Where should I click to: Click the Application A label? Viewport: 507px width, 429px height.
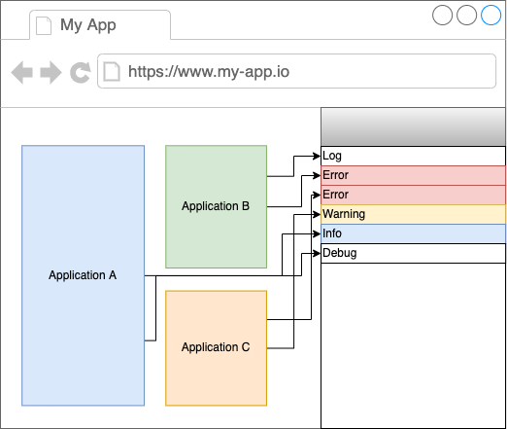pos(83,275)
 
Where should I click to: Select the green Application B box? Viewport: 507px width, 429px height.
pos(216,206)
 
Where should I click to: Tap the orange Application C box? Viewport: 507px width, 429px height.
pos(216,348)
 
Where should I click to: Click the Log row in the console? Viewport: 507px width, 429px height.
pos(413,156)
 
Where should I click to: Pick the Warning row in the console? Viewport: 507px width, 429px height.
pos(413,214)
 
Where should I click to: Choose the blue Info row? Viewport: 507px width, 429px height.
pos(413,233)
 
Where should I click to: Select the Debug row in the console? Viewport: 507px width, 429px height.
pos(413,253)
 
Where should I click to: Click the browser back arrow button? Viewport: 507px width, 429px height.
pos(22,72)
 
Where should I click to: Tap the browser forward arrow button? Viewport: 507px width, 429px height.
pos(51,72)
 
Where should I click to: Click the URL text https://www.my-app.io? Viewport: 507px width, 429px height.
pos(209,72)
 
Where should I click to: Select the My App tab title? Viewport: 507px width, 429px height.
pos(88,25)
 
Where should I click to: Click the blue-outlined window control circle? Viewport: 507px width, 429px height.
pos(490,15)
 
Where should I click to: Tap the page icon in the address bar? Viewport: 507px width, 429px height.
pos(112,71)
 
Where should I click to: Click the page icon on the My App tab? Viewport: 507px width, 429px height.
pos(44,25)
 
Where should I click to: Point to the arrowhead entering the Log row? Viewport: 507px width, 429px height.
pos(317,157)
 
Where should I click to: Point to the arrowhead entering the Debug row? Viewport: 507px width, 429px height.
pos(317,253)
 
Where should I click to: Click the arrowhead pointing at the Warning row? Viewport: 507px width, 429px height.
pos(317,214)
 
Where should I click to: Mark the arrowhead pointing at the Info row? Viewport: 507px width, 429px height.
pos(317,233)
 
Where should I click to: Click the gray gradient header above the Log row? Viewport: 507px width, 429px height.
pos(413,126)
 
